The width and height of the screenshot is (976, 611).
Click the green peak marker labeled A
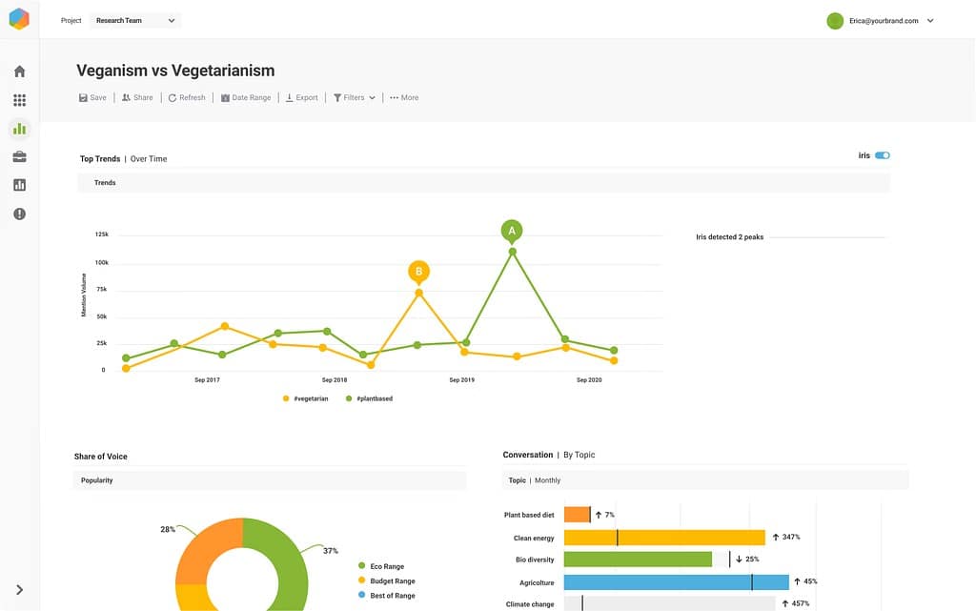[x=512, y=231]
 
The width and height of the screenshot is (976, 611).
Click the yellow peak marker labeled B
[x=418, y=272]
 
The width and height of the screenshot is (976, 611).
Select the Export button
[x=302, y=97]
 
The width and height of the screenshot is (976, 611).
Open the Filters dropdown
[x=354, y=97]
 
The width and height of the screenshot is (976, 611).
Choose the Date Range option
[x=246, y=97]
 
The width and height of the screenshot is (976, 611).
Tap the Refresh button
[x=187, y=97]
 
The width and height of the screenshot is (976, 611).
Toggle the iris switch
[x=882, y=155]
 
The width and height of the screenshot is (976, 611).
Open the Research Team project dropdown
[x=135, y=20]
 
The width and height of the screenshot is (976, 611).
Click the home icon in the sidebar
[x=19, y=71]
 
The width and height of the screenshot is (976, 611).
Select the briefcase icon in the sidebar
[x=19, y=156]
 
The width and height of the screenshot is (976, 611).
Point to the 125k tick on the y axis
[x=102, y=234]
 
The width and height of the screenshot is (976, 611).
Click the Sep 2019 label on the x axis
[x=461, y=380]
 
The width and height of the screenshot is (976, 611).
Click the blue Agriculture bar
[x=676, y=581]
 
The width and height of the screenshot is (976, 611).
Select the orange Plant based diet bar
[x=577, y=515]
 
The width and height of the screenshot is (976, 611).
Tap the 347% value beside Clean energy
[x=789, y=538]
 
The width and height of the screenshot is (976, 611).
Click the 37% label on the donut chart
[x=331, y=550]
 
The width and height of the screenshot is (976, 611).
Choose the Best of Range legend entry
[x=392, y=595]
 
